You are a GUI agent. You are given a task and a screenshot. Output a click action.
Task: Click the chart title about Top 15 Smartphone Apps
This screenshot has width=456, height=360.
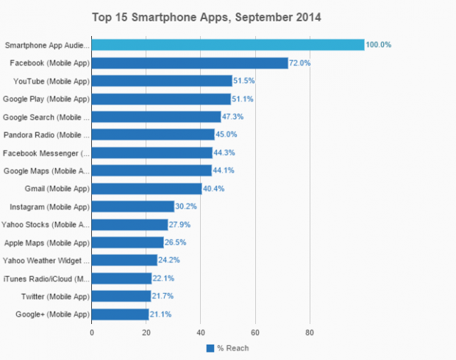(x=206, y=16)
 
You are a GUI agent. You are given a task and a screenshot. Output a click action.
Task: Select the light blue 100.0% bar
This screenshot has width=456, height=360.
(x=228, y=45)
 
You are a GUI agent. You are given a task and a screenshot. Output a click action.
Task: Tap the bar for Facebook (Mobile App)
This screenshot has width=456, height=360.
(x=190, y=63)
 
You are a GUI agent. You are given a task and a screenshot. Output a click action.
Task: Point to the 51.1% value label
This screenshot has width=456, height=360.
(x=245, y=99)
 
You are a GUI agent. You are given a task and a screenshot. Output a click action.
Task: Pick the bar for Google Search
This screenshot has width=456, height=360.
(x=156, y=117)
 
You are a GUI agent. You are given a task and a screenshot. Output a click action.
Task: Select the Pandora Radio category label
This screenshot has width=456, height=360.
(x=46, y=135)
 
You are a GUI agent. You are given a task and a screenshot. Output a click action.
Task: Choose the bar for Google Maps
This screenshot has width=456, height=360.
(x=152, y=170)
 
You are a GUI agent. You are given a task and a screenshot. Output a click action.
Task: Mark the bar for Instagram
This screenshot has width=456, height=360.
(x=133, y=206)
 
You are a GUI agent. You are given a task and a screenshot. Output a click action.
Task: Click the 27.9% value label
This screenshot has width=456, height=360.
(x=182, y=225)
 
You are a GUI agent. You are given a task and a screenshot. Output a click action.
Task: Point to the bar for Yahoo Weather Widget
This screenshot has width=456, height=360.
(x=124, y=260)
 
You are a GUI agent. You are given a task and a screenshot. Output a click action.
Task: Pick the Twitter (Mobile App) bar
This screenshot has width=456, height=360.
(x=121, y=296)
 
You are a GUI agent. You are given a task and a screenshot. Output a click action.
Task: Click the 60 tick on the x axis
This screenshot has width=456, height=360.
(x=255, y=332)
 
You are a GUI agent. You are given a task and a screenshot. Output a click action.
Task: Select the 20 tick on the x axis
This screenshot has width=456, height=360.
(x=146, y=332)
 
